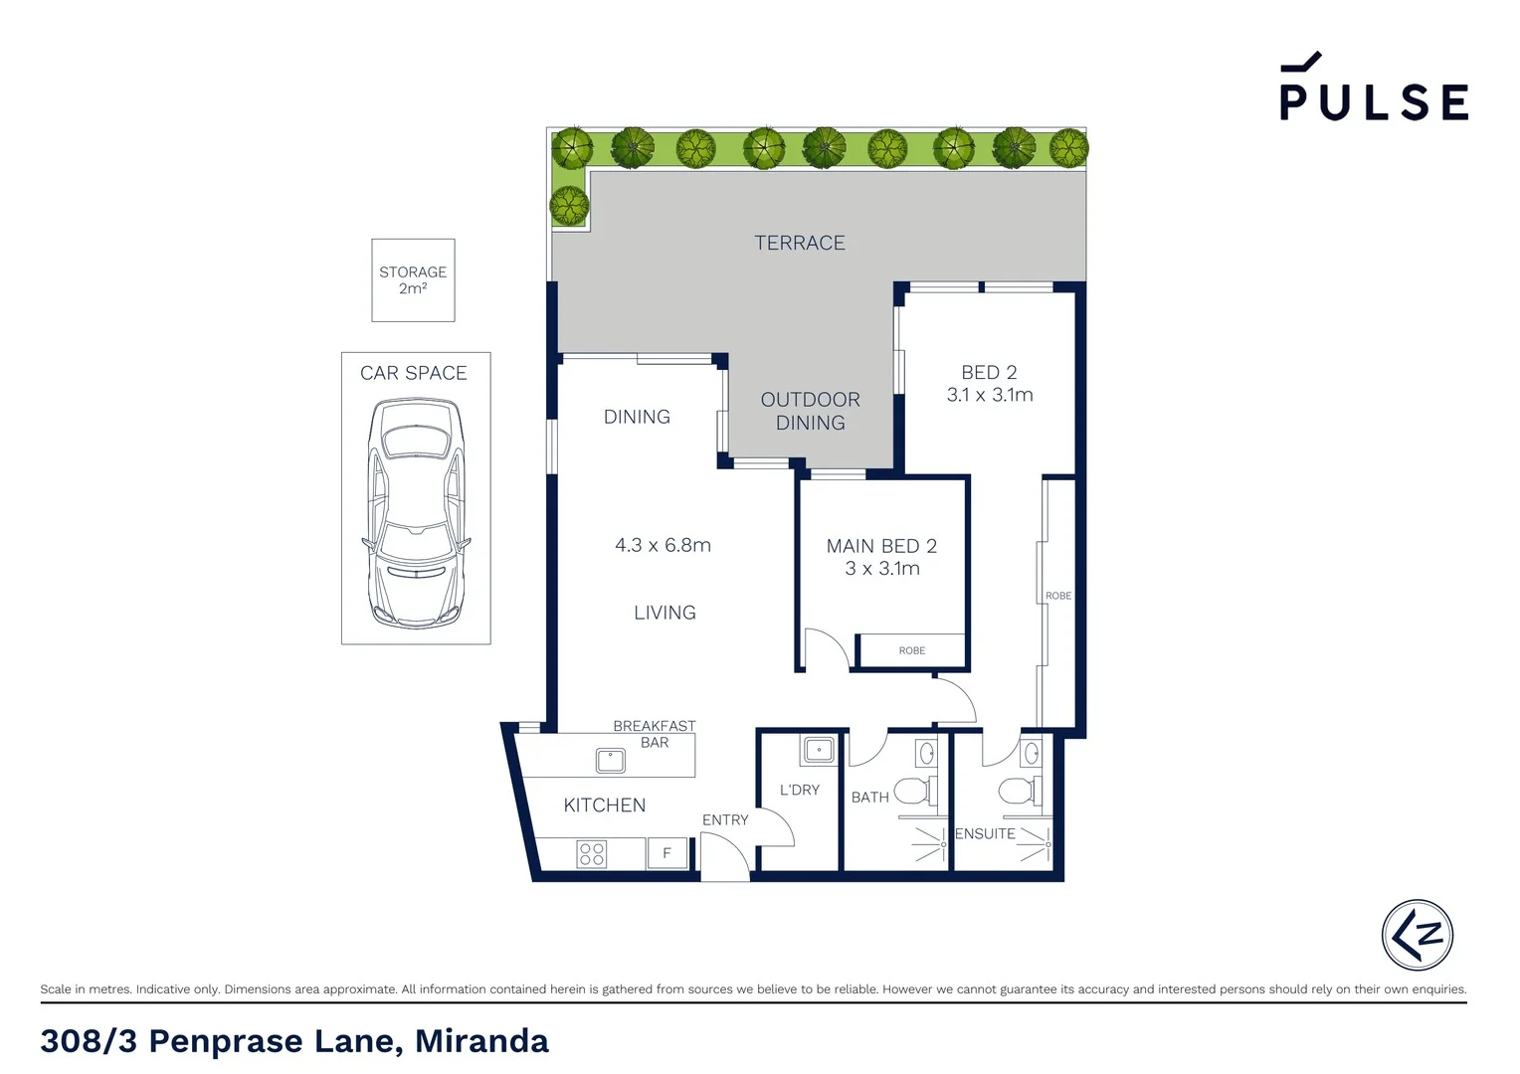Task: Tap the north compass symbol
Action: (1417, 935)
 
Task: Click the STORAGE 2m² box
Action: (413, 279)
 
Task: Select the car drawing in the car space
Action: (416, 512)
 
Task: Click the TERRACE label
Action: (799, 243)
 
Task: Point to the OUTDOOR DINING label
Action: (810, 411)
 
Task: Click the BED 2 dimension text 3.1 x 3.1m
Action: (989, 395)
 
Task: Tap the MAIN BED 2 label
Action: (881, 546)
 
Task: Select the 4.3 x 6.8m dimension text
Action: (663, 545)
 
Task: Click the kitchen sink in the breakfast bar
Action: (610, 761)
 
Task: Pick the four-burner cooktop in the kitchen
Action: (592, 853)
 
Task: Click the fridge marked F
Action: (666, 853)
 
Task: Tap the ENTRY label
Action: (724, 820)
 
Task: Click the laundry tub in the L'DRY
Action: (819, 749)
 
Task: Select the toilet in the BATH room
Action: (914, 792)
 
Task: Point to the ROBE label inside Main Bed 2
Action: (911, 650)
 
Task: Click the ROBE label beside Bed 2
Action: (1058, 596)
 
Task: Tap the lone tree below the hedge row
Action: (569, 206)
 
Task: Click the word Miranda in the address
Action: (481, 1041)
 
